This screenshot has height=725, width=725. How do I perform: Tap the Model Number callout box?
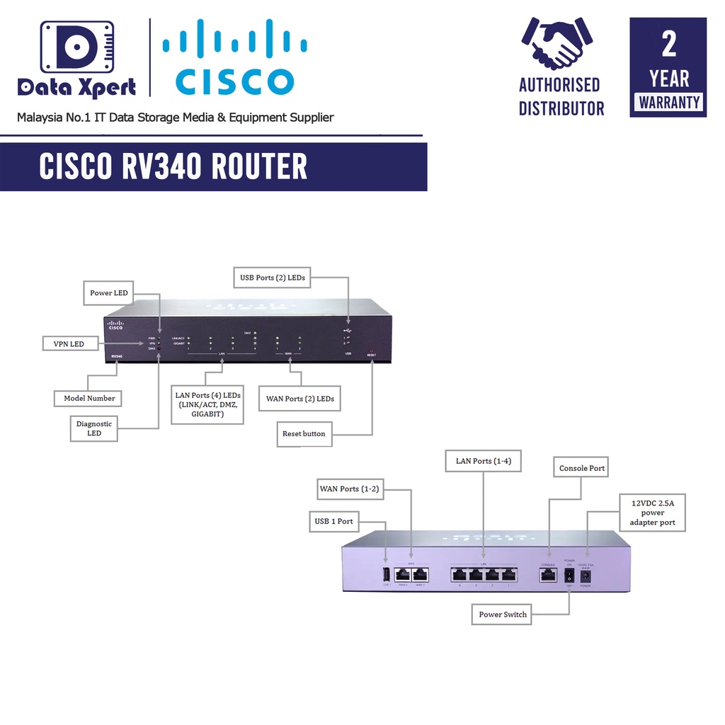pos(89,398)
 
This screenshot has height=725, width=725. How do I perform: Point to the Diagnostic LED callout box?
pos(94,428)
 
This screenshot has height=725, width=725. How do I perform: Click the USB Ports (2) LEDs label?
pos(273,278)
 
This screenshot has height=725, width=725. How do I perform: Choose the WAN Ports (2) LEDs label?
pos(300,399)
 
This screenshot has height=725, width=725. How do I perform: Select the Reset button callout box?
pos(304,433)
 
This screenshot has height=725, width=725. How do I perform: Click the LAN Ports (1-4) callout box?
pos(484,461)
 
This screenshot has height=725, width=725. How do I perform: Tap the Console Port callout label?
pos(582,468)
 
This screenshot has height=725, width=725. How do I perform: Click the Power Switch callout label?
pos(503,614)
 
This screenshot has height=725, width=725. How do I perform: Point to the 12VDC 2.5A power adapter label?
pos(653,513)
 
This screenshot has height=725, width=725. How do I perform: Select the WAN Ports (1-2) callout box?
pos(350,489)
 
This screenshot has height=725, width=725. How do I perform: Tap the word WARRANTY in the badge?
pos(668,102)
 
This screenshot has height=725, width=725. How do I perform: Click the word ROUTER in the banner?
pos(258,167)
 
